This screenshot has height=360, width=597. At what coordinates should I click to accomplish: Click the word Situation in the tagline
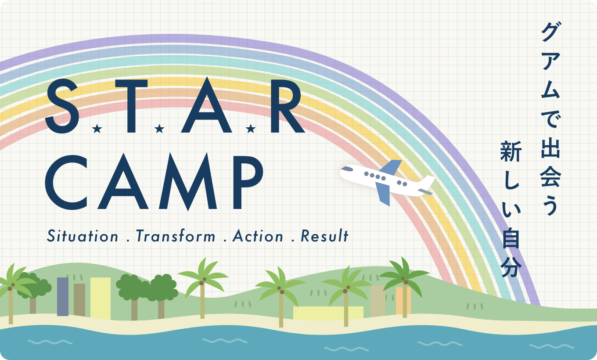(83, 236)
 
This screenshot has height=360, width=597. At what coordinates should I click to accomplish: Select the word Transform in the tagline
(176, 236)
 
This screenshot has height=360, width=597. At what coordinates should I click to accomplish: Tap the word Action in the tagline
(258, 236)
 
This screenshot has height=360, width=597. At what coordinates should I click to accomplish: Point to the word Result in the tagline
(325, 236)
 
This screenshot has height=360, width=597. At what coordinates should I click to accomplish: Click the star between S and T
(97, 129)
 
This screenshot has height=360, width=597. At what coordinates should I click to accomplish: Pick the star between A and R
(251, 129)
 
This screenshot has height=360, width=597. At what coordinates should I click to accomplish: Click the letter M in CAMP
(188, 182)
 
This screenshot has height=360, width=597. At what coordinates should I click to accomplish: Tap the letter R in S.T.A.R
(287, 106)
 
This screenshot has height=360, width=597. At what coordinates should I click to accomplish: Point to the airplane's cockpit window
(347, 169)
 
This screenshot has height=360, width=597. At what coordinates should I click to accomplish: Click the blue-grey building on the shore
(63, 297)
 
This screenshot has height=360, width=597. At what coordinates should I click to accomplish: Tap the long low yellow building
(328, 313)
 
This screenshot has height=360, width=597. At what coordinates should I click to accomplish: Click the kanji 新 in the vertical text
(511, 151)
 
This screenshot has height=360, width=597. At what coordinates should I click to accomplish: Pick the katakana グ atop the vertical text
(551, 32)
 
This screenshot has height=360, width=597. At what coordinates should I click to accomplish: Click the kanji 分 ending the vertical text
(511, 267)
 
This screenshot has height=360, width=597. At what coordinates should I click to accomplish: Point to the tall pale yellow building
(101, 298)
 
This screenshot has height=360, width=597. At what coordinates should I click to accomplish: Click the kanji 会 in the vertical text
(550, 176)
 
